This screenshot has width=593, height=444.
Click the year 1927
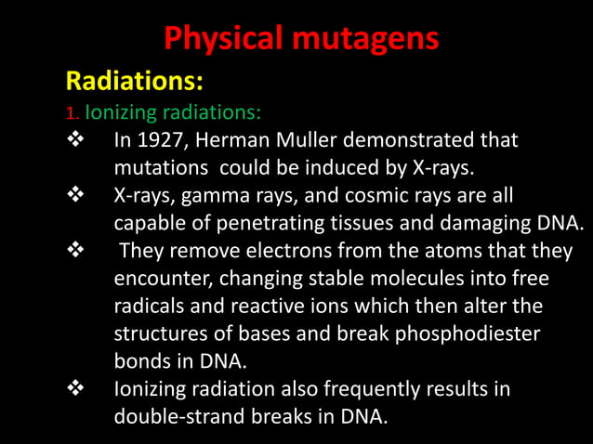click(x=163, y=142)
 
